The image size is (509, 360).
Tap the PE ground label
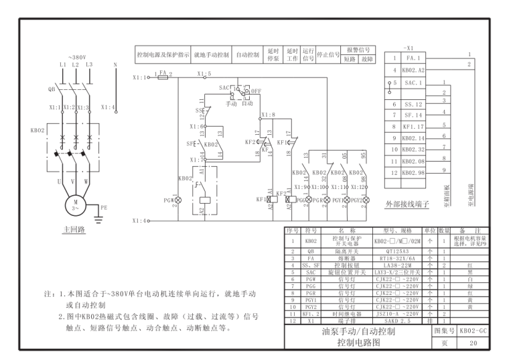coord(103,208)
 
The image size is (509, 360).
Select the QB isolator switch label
coord(52,88)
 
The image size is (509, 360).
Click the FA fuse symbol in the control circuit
coord(163,78)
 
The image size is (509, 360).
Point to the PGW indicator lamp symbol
coord(178,200)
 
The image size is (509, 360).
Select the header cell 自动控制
coord(249,54)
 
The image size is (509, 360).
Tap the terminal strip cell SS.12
coord(413,104)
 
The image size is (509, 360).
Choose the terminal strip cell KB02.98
coord(413,173)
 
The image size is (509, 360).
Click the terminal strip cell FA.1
coord(413,59)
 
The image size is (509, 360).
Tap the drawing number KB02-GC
coord(474,331)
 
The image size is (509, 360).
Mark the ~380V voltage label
coord(77,57)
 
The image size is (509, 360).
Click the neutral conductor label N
coord(116,64)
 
